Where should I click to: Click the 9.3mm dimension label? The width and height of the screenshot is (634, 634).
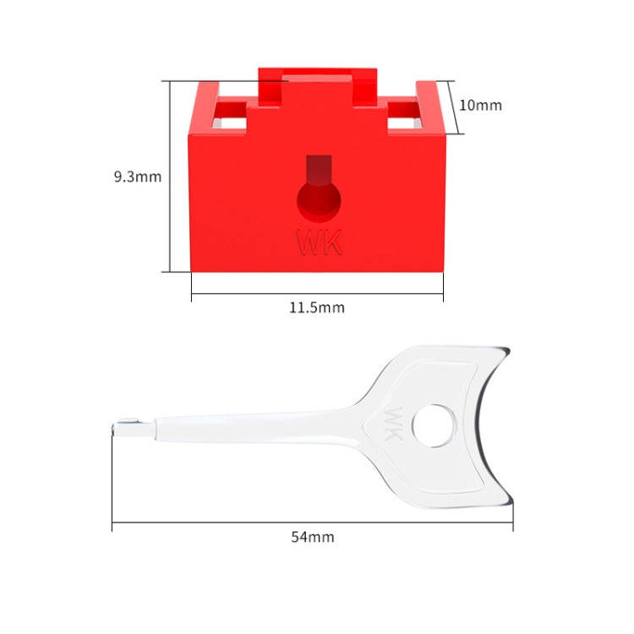[137, 177]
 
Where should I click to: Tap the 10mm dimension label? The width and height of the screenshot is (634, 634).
[480, 106]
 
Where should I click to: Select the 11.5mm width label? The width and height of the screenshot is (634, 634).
[317, 308]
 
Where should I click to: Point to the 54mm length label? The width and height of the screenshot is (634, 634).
[312, 537]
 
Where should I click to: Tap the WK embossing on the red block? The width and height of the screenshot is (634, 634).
[320, 243]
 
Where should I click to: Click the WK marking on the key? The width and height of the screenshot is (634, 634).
[395, 419]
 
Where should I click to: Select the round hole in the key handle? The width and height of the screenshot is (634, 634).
[434, 425]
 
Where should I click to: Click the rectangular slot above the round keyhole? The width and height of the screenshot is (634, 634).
[319, 170]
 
